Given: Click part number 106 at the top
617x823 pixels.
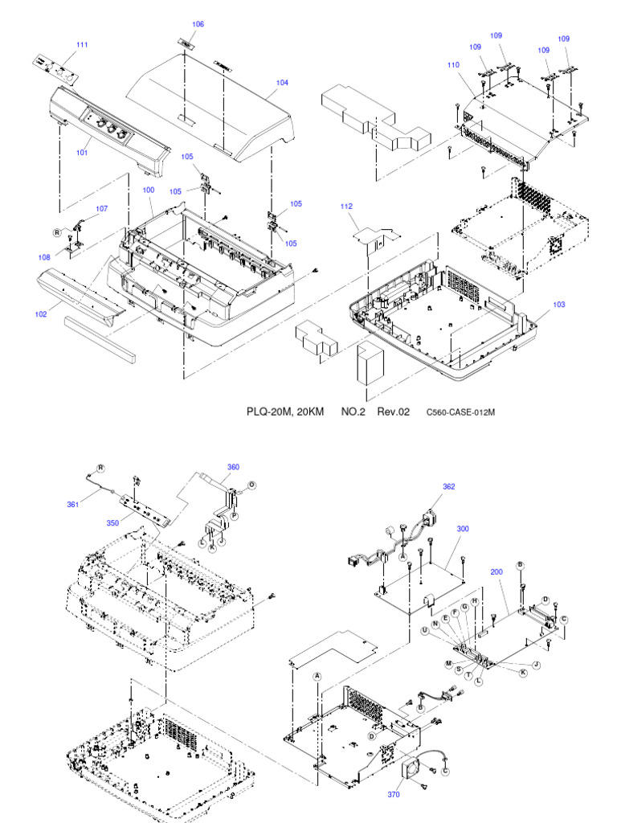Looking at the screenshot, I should click(x=198, y=24).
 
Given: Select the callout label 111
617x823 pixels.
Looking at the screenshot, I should click(x=82, y=44).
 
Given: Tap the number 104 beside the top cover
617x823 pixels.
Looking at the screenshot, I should click(x=282, y=83).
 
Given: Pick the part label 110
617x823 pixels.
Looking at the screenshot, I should click(x=454, y=64).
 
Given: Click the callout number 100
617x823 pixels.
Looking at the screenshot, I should click(x=149, y=190).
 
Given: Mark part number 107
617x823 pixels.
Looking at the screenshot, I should click(x=101, y=208).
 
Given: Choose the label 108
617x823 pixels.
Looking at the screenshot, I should click(x=43, y=257).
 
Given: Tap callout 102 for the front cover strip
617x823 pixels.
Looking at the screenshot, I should click(x=41, y=314).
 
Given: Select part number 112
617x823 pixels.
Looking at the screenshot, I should click(x=346, y=207).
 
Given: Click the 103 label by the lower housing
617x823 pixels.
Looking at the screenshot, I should click(x=559, y=305).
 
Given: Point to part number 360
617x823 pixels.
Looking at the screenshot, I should click(x=233, y=467).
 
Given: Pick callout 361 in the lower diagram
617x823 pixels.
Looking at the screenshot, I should click(x=73, y=505).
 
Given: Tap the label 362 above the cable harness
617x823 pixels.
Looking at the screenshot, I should click(x=449, y=486).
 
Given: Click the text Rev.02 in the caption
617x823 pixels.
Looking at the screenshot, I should click(x=394, y=411).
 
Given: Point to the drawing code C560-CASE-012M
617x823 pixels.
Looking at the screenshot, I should click(x=460, y=412).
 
